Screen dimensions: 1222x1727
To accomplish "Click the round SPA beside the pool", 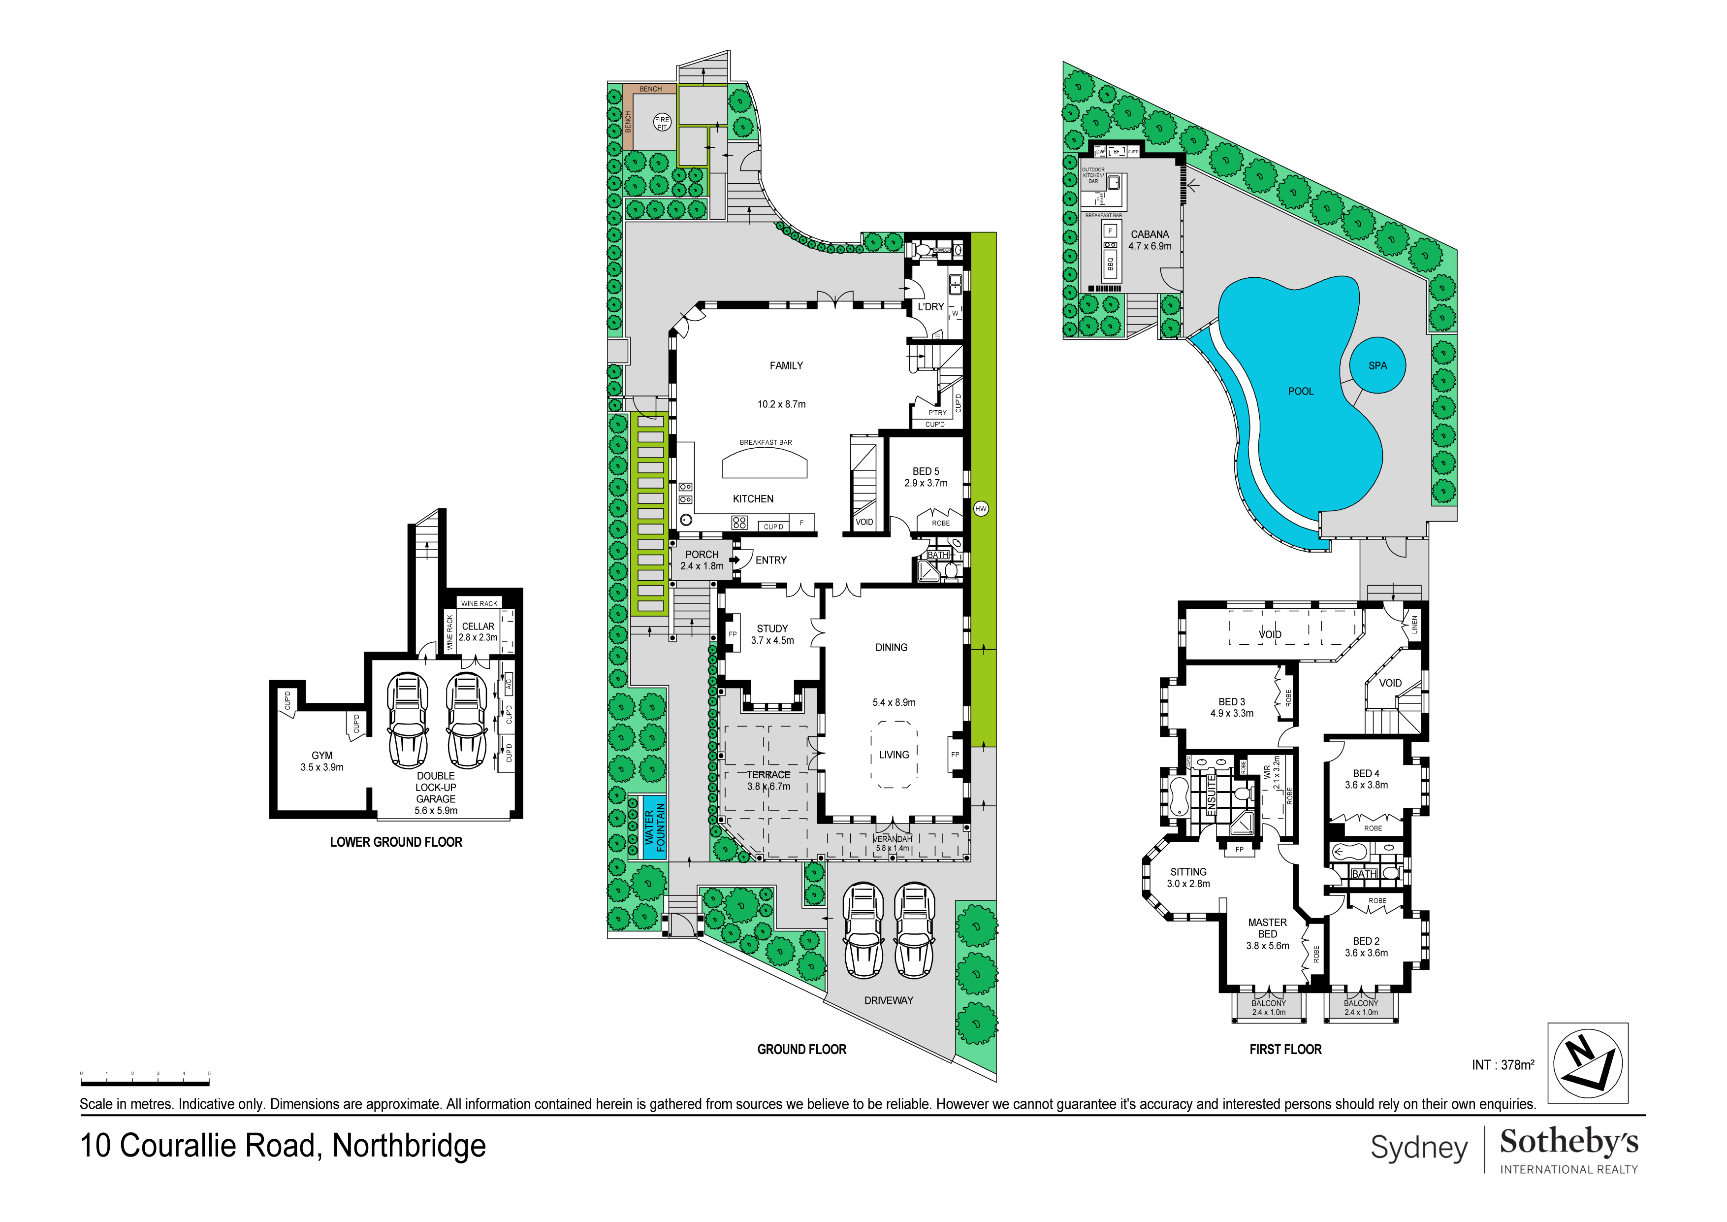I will pos(1377,365).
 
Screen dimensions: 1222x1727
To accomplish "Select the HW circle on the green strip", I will pos(980,509).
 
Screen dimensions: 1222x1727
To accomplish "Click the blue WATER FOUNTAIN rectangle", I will pos(655,827).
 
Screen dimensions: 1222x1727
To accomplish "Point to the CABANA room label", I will pos(1150,235).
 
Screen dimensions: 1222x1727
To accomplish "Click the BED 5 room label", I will pos(926,471).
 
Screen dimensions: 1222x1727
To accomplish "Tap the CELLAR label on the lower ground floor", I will pos(479,626).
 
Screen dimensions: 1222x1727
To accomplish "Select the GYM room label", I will pos(322,756).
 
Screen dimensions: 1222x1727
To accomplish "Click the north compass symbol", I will pos(1587,1062).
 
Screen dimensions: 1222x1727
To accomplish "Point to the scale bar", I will pos(145,1084).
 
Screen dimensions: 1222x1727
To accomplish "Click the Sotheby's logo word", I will pos(1568,1142).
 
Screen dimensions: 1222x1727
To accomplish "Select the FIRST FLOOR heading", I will pos(1285,1049).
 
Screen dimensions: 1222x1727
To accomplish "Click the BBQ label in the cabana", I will pos(1110,264).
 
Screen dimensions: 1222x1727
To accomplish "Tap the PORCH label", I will pos(702,555).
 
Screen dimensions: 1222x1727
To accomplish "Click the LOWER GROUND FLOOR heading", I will pos(396,842).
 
